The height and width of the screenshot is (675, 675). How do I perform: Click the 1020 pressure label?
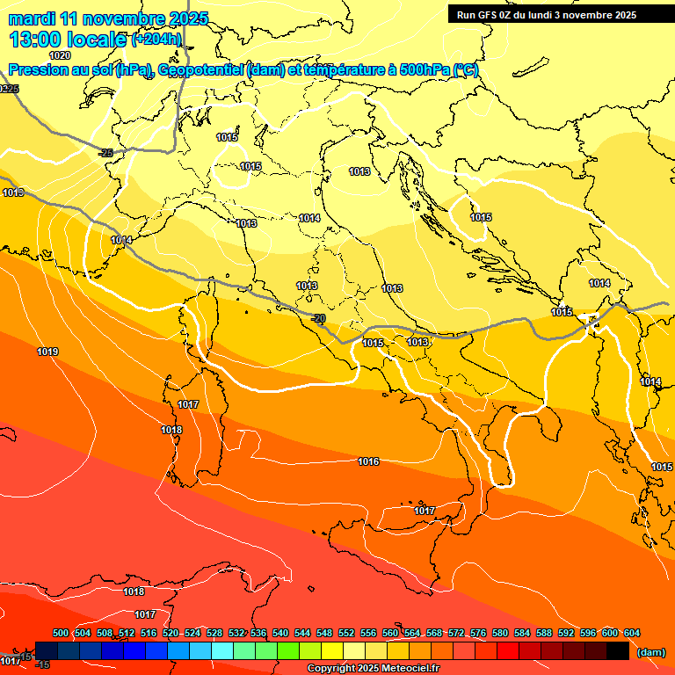pyautogui.click(x=60, y=55)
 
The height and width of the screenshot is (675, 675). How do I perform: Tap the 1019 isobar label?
pyautogui.click(x=47, y=352)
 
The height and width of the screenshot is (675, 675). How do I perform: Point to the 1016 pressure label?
pyautogui.click(x=368, y=461)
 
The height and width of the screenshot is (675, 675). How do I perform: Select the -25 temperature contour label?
pyautogui.click(x=106, y=154)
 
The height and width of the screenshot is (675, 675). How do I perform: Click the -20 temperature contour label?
pyautogui.click(x=320, y=318)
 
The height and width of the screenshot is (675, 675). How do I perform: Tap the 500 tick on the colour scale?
pyautogui.click(x=61, y=633)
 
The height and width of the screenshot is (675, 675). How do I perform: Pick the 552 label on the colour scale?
pyautogui.click(x=346, y=633)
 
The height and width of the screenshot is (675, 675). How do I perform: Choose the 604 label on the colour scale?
pyautogui.click(x=632, y=633)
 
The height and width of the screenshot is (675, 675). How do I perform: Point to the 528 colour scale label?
pyautogui.click(x=214, y=633)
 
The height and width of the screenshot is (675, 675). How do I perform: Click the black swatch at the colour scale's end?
pyautogui.click(x=618, y=650)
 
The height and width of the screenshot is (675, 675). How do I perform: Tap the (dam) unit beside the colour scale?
pyautogui.click(x=650, y=651)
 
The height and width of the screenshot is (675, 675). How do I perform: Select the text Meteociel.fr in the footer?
pyautogui.click(x=410, y=669)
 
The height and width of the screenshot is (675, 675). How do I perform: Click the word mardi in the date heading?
pyautogui.click(x=33, y=18)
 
